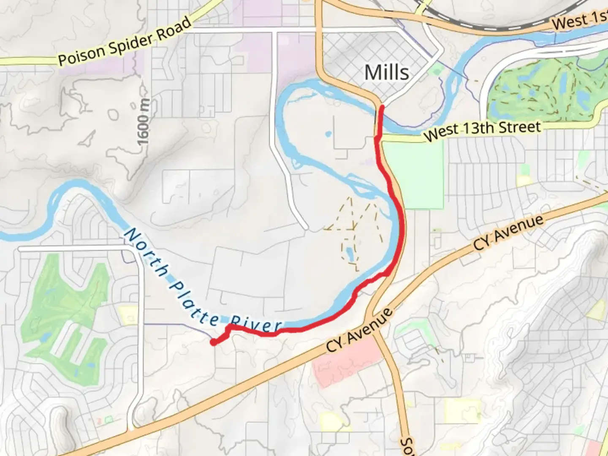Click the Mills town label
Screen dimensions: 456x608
pos(386,72)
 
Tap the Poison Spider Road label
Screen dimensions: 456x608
pos(125,42)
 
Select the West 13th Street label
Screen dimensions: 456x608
pos(482,130)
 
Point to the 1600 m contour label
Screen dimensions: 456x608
pos(144,122)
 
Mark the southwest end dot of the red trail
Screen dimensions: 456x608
pos(214,342)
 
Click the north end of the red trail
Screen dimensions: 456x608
pos(381,108)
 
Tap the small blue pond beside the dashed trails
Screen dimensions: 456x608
pos(350,253)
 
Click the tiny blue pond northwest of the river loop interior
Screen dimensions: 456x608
pos(328,135)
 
